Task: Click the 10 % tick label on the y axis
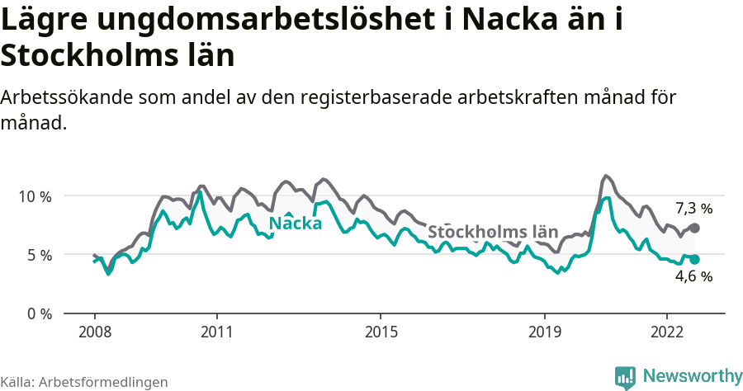(34, 196)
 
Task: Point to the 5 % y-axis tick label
(38, 255)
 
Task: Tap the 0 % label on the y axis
(38, 313)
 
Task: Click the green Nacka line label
(296, 224)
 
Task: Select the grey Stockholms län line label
(493, 231)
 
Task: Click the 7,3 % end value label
(693, 209)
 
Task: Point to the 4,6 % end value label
(693, 277)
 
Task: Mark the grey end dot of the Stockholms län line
(694, 228)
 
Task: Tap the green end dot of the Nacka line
(694, 259)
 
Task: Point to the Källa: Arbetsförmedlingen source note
(84, 382)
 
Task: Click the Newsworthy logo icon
(625, 377)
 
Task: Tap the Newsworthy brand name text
(692, 376)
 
